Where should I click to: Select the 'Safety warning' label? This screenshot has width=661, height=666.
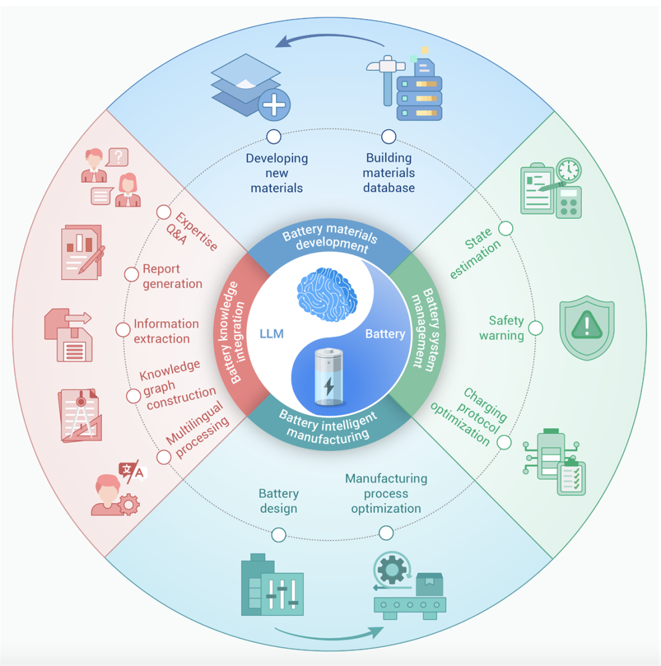(x=506, y=328)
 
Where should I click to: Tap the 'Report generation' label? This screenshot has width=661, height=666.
(x=172, y=276)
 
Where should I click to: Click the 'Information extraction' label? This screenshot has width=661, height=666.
(x=165, y=331)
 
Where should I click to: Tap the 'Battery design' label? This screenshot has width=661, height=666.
(x=278, y=500)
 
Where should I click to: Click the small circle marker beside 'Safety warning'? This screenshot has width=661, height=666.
(x=535, y=328)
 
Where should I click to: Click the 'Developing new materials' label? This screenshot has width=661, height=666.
(x=277, y=173)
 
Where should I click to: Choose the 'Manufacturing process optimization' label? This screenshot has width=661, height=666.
(x=386, y=493)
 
